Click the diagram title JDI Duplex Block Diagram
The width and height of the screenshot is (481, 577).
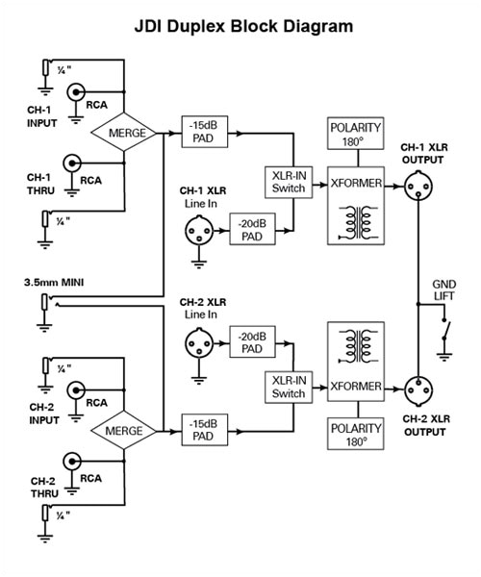pos(243,27)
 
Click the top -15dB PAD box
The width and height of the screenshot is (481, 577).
pos(205,132)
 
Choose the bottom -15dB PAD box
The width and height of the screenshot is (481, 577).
pos(205,430)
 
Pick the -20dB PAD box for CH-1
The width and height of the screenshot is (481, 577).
pos(252,229)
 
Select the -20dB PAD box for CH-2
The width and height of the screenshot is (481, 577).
pos(252,341)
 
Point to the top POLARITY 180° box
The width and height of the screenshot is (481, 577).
pos(356,134)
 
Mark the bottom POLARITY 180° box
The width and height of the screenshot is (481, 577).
pos(356,434)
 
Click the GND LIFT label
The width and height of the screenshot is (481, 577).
pos(443,290)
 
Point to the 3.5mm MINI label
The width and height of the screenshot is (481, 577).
pos(54,283)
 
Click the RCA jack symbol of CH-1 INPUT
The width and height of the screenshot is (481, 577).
pos(76,92)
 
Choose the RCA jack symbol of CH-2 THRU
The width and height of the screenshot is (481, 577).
pos(72,462)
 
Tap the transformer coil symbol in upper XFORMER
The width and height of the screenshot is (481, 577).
pos(356,221)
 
